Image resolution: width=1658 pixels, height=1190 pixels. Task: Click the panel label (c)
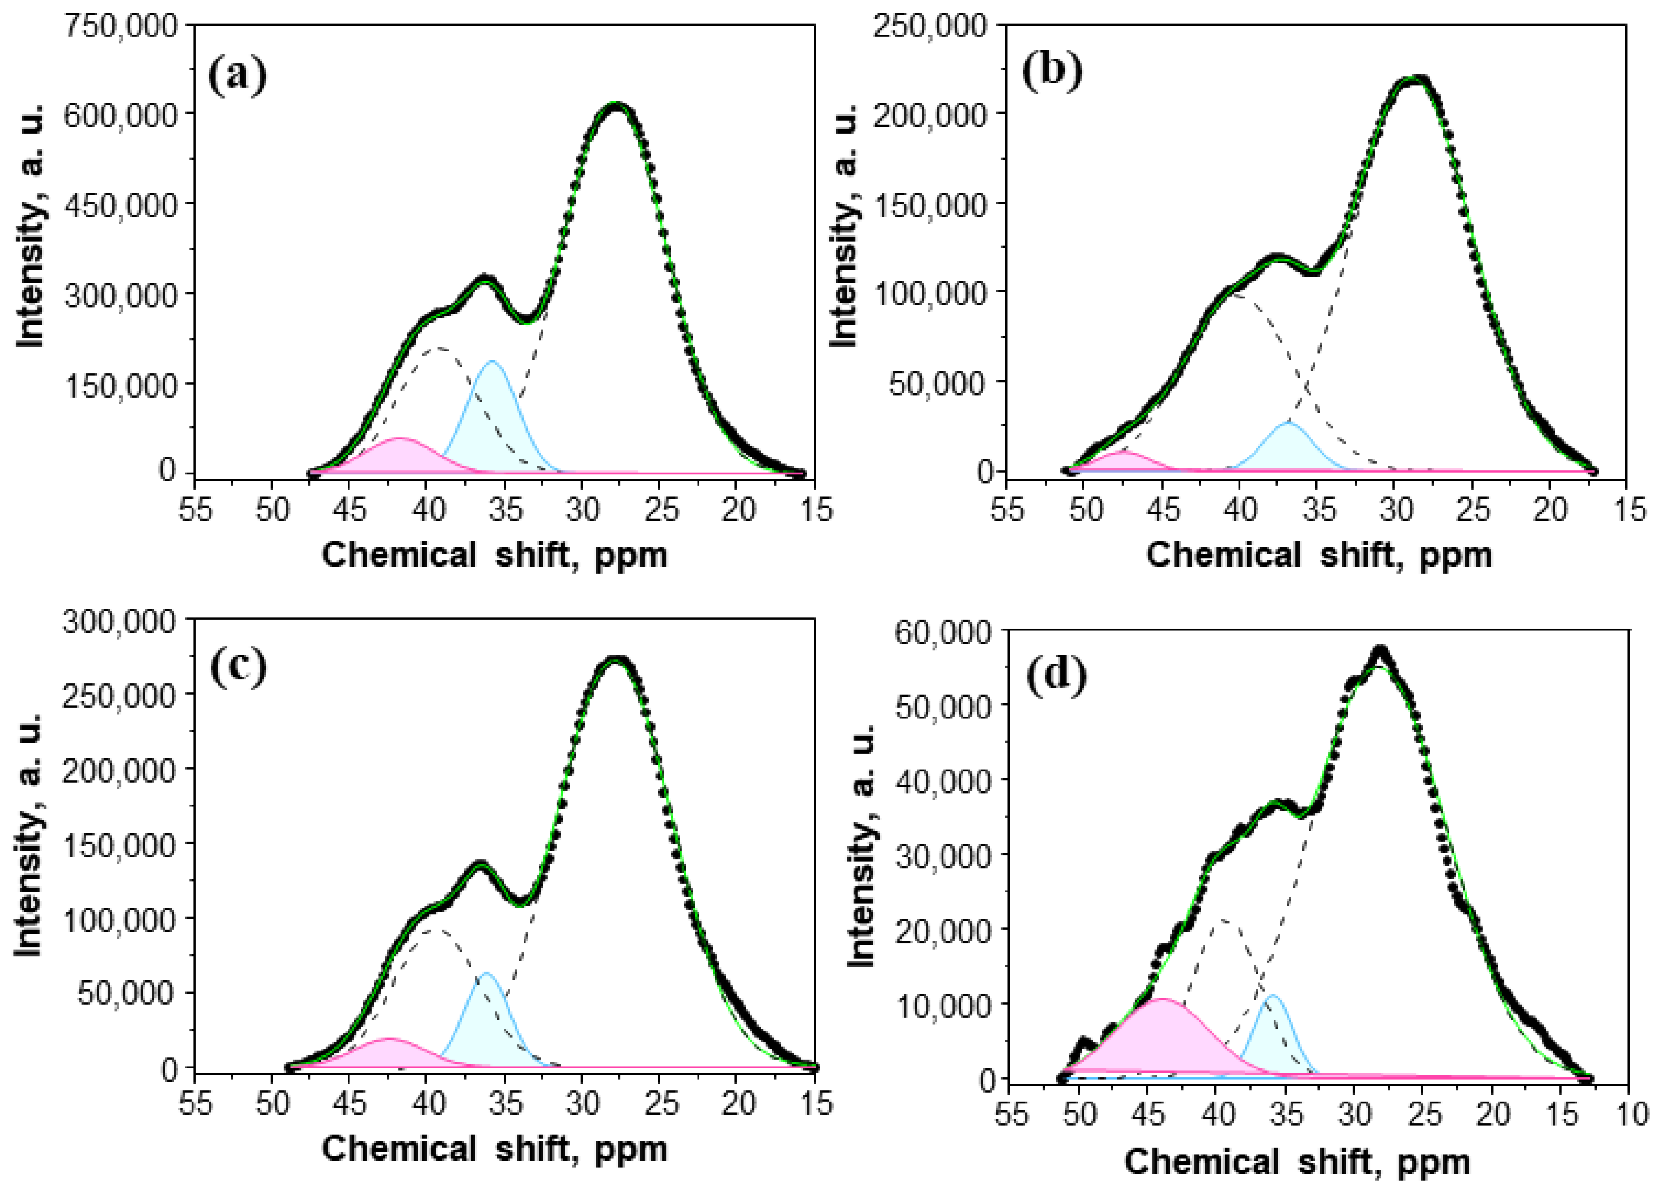[x=238, y=667]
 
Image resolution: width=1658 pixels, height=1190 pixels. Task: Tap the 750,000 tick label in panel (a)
[x=120, y=27]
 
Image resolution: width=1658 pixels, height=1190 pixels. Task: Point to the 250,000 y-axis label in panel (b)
[x=928, y=27]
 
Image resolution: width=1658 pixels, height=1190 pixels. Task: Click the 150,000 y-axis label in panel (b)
[x=928, y=205]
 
